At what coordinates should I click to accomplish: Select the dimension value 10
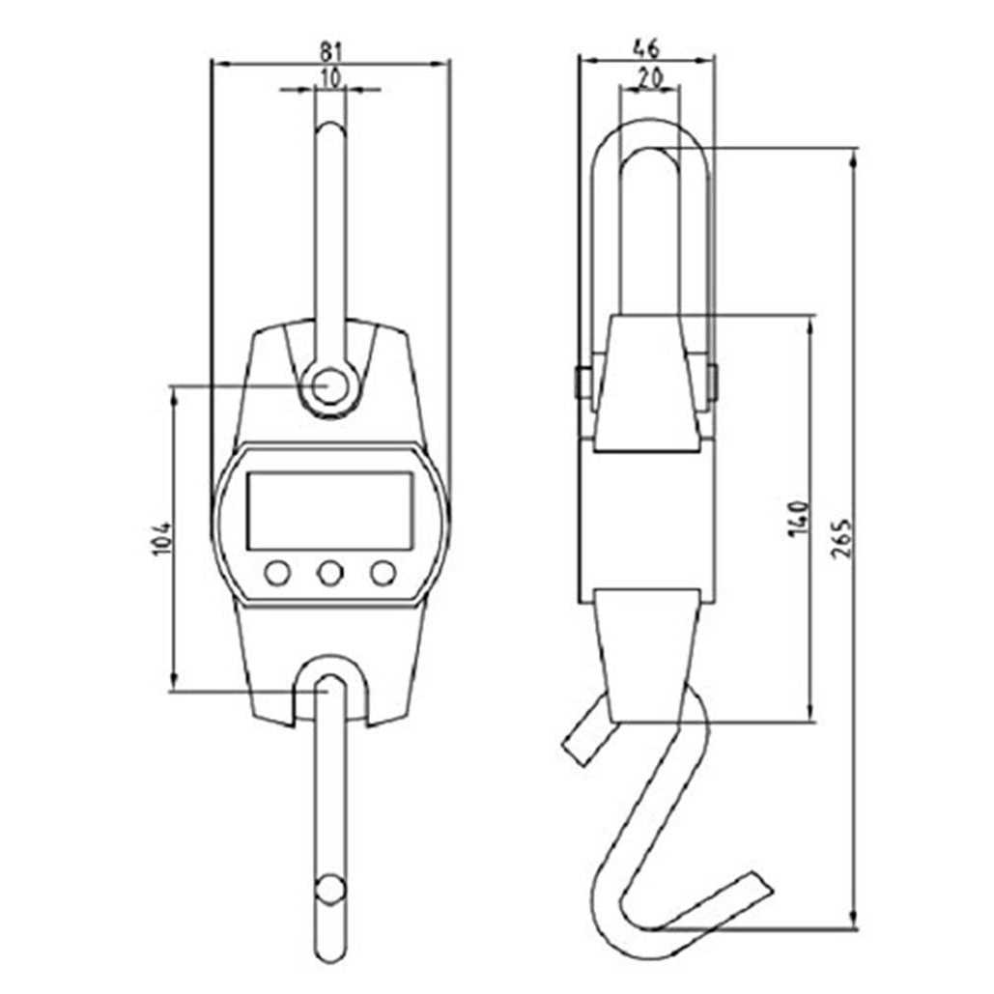[x=330, y=77]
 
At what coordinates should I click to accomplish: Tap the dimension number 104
[x=162, y=539]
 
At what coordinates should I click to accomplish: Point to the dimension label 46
[x=646, y=48]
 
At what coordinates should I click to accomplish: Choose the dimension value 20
[x=650, y=77]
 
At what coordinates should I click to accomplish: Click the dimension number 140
[x=799, y=518]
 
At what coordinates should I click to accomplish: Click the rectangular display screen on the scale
[x=329, y=511]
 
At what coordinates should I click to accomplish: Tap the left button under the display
[x=277, y=573]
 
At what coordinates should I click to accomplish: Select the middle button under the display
[x=330, y=573]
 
